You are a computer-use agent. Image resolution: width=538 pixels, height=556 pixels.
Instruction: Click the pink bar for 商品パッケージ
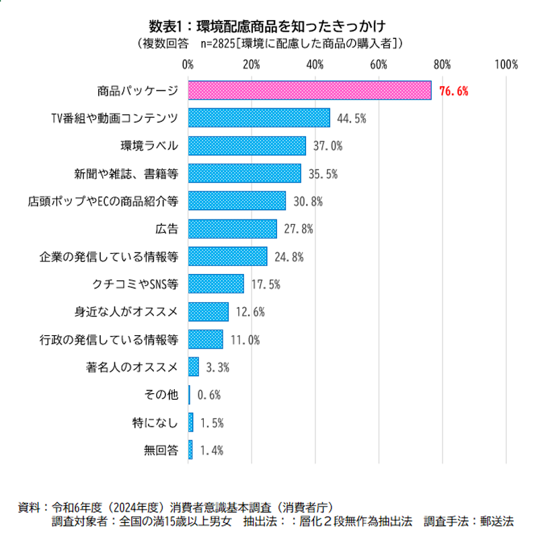point(309,90)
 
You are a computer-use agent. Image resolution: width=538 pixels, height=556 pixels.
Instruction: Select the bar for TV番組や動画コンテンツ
point(259,118)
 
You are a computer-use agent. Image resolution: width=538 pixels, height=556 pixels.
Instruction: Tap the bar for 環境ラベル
point(247,145)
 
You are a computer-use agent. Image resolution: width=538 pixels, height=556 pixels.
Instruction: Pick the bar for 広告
point(232,229)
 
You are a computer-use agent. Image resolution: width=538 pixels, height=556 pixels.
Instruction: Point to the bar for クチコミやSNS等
point(216,284)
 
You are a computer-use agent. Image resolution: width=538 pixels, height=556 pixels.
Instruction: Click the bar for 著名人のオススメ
point(194,367)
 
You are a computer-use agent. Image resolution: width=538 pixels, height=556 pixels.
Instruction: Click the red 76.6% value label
point(453,91)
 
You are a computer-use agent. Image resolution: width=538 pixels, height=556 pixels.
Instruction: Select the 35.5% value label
point(323,174)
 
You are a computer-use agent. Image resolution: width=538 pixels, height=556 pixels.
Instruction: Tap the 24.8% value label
point(289,256)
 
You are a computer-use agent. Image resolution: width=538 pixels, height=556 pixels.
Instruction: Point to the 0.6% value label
point(209,395)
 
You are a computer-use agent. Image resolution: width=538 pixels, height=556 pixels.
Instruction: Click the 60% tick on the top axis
point(379,65)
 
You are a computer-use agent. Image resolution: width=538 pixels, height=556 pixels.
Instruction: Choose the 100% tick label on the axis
point(505,65)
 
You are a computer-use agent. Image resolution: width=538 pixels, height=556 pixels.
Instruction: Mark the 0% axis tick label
point(188,65)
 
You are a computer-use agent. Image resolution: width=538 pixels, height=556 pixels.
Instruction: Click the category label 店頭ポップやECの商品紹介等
point(103,201)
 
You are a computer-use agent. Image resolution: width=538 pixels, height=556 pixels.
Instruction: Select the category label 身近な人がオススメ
point(126,312)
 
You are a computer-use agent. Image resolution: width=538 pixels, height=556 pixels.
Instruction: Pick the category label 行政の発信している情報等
point(108,339)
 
